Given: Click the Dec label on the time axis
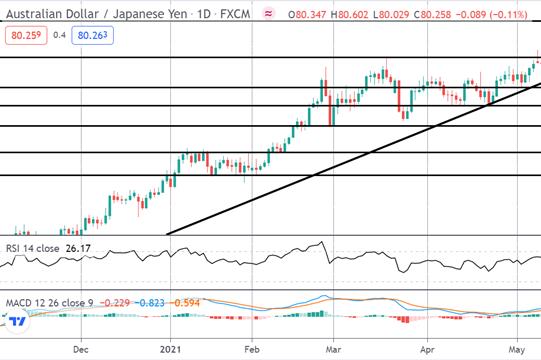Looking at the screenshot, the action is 80,349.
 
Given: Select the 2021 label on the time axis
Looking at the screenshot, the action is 170,349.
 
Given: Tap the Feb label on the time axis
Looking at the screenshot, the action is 252,349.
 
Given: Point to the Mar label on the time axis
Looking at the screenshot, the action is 333,349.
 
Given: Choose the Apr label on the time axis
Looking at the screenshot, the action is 427,350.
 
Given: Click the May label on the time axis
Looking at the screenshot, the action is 517,350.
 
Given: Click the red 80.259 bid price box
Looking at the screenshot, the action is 26,35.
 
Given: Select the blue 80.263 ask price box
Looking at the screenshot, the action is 92,35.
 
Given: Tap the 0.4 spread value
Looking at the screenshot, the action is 59,35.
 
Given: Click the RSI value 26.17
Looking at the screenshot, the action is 78,248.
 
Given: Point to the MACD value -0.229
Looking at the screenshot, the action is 115,303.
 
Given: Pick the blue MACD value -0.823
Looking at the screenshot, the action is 149,303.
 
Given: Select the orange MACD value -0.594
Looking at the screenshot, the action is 184,303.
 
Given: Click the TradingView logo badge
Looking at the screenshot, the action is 17,322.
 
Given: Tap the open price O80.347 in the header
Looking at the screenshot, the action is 307,14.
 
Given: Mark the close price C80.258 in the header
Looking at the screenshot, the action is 432,14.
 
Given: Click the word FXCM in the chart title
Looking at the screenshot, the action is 235,14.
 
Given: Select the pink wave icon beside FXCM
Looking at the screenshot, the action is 268,14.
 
